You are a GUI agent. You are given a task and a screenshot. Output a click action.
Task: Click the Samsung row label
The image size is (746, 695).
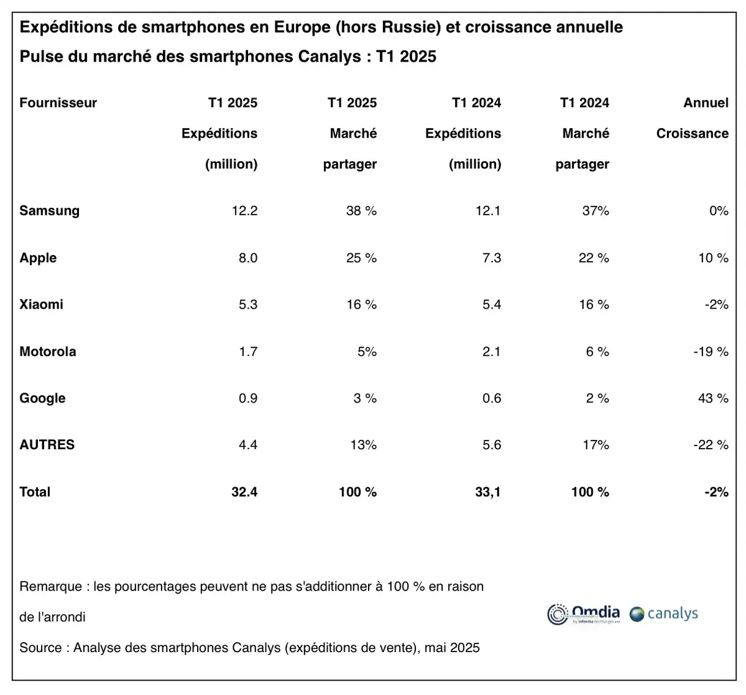(x=49, y=211)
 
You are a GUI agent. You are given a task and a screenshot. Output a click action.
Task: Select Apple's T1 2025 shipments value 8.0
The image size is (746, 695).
(x=247, y=258)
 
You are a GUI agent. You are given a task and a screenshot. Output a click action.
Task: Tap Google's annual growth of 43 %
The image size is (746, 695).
(x=712, y=398)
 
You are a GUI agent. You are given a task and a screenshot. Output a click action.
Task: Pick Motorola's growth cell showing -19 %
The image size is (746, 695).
(x=710, y=352)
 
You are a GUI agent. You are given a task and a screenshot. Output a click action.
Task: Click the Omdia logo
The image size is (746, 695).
(x=584, y=613)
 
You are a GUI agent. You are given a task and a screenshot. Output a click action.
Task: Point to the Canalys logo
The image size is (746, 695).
(x=664, y=614)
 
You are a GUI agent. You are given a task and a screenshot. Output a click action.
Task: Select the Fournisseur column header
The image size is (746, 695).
(x=58, y=103)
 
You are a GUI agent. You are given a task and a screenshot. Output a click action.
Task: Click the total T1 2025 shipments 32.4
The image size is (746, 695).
(x=244, y=492)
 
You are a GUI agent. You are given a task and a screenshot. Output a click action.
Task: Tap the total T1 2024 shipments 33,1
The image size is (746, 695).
(x=488, y=492)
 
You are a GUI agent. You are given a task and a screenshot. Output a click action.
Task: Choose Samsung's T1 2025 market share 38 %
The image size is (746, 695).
(x=361, y=211)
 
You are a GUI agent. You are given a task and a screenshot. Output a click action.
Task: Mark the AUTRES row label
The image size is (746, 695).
(x=47, y=445)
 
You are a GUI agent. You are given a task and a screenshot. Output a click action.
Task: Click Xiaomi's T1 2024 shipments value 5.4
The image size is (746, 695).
(x=491, y=304)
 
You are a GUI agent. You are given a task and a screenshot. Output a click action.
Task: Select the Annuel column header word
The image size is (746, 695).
(x=706, y=103)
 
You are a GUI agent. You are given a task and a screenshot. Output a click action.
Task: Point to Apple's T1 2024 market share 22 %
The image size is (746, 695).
(x=594, y=258)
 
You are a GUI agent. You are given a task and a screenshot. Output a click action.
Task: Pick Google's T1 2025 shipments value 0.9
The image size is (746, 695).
(x=247, y=398)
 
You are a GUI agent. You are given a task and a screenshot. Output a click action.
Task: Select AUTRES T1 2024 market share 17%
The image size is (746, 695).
(x=595, y=445)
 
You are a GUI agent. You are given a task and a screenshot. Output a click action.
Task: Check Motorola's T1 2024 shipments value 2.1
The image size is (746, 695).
(x=491, y=352)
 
